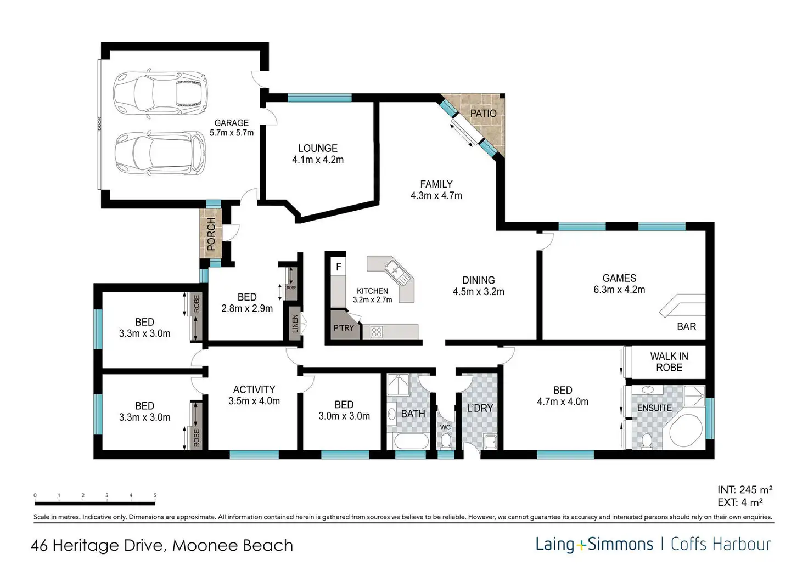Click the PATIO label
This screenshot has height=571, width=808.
(x=484, y=113)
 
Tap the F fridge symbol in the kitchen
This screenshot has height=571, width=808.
(x=338, y=267)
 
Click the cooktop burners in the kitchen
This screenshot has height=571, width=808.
(x=377, y=332)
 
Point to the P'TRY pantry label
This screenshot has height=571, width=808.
(x=344, y=328)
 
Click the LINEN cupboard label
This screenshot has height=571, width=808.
(x=295, y=324)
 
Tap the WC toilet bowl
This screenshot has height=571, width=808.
(x=446, y=441)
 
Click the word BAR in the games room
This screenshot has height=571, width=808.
(x=687, y=326)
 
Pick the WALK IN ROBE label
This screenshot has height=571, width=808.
(x=669, y=362)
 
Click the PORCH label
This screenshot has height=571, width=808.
(x=211, y=234)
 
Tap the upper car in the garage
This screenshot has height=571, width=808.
(x=160, y=93)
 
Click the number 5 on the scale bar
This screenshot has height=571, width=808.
(x=155, y=495)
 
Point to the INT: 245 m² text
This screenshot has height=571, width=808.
(x=745, y=489)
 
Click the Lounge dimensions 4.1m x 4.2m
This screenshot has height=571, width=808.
(x=318, y=160)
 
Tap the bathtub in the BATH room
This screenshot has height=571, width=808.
(x=411, y=441)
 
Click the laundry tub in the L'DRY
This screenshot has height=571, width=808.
(x=491, y=442)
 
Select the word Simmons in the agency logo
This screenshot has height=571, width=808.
(x=620, y=544)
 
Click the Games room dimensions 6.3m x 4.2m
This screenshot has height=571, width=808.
(x=619, y=290)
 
